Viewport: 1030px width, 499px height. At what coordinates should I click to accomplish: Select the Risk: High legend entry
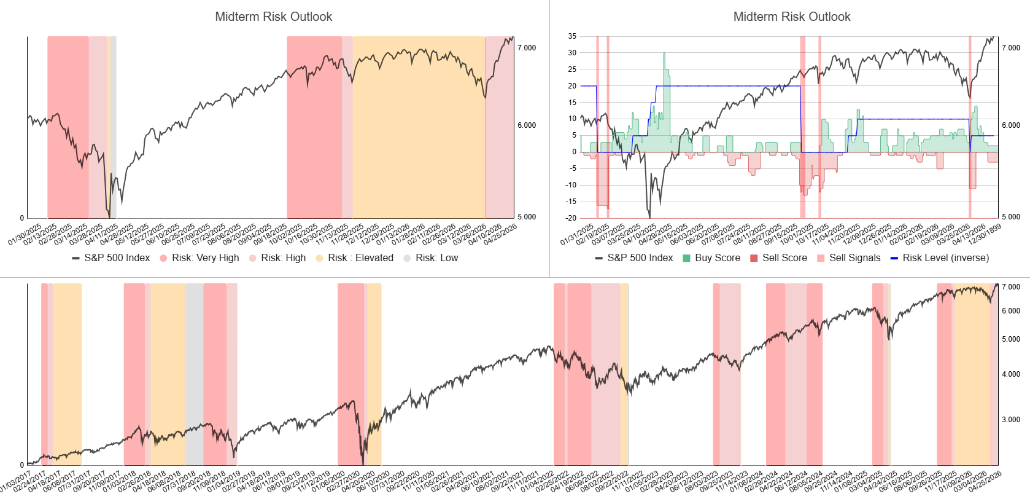283,258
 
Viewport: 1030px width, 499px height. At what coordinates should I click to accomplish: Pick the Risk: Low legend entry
436,258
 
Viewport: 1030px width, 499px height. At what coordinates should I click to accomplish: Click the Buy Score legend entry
717,258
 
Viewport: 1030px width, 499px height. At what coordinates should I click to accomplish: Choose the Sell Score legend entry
784,258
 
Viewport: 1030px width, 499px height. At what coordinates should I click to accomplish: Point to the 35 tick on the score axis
572,36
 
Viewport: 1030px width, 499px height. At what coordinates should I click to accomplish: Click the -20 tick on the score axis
571,218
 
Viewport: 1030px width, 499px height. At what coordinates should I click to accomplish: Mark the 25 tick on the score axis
572,69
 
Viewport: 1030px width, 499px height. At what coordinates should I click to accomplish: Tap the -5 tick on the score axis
573,168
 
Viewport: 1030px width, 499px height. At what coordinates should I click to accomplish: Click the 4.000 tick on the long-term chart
1011,374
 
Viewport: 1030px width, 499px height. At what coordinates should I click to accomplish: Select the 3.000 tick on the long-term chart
1011,420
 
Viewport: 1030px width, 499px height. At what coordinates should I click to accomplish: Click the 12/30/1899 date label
985,234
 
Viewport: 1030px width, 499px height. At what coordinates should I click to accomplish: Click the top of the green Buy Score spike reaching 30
664,53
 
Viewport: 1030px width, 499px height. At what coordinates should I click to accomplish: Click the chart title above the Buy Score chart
792,17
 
